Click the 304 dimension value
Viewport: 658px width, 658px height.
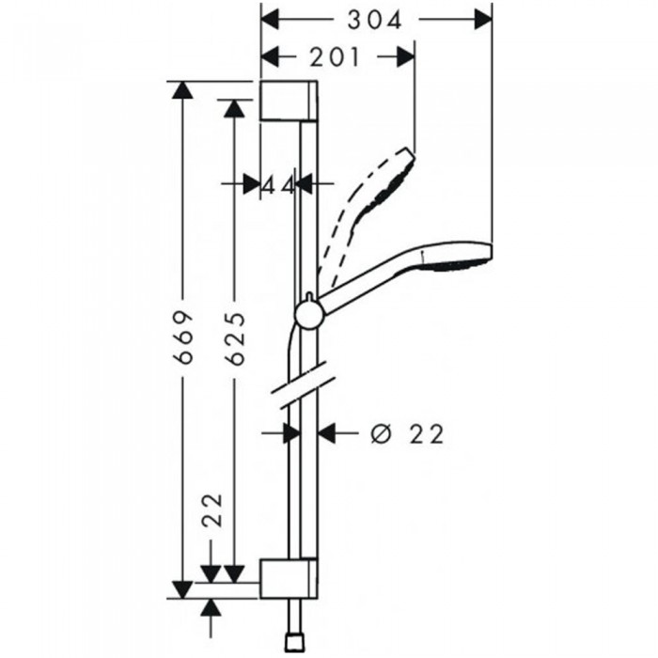coord(375,20)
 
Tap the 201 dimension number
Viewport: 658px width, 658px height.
coord(335,57)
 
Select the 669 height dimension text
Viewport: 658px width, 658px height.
coord(183,337)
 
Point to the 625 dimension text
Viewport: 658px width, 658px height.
coord(235,338)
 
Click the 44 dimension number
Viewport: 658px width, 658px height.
coord(278,185)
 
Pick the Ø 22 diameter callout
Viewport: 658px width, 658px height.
coord(407,434)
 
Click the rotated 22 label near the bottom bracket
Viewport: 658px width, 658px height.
coord(211,509)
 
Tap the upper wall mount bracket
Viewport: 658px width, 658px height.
coord(289,100)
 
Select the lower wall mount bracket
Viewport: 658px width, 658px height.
coord(289,578)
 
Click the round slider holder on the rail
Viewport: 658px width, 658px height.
coord(309,315)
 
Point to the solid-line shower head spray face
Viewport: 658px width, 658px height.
coord(455,265)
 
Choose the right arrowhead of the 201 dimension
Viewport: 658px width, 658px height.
coord(405,56)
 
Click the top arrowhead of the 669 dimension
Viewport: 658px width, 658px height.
coord(182,90)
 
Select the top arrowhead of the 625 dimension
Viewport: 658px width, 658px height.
coord(234,109)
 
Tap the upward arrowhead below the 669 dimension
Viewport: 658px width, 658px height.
coord(211,608)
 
